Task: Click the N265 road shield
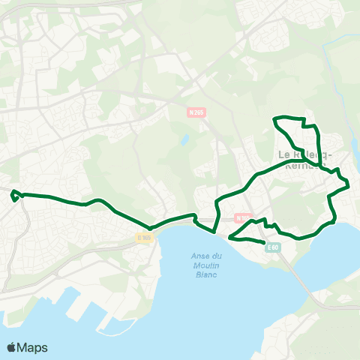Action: tap(196, 112)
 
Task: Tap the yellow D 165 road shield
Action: tap(144, 238)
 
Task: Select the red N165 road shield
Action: tap(241, 218)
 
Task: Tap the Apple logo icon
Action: tap(12, 347)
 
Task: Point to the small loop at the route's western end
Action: tap(14, 196)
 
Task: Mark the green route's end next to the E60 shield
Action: tap(264, 243)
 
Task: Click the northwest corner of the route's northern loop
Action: tap(277, 118)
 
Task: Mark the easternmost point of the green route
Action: tap(349, 184)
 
